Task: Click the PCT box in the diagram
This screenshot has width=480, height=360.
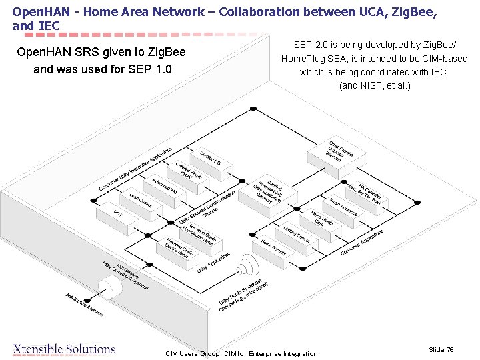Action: (117, 215)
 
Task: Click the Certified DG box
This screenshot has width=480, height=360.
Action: (211, 157)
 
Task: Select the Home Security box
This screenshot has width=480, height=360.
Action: (273, 247)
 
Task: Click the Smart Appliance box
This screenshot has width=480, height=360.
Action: (343, 205)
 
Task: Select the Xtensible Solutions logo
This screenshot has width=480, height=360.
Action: (64, 349)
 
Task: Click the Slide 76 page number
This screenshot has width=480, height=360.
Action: (441, 349)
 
